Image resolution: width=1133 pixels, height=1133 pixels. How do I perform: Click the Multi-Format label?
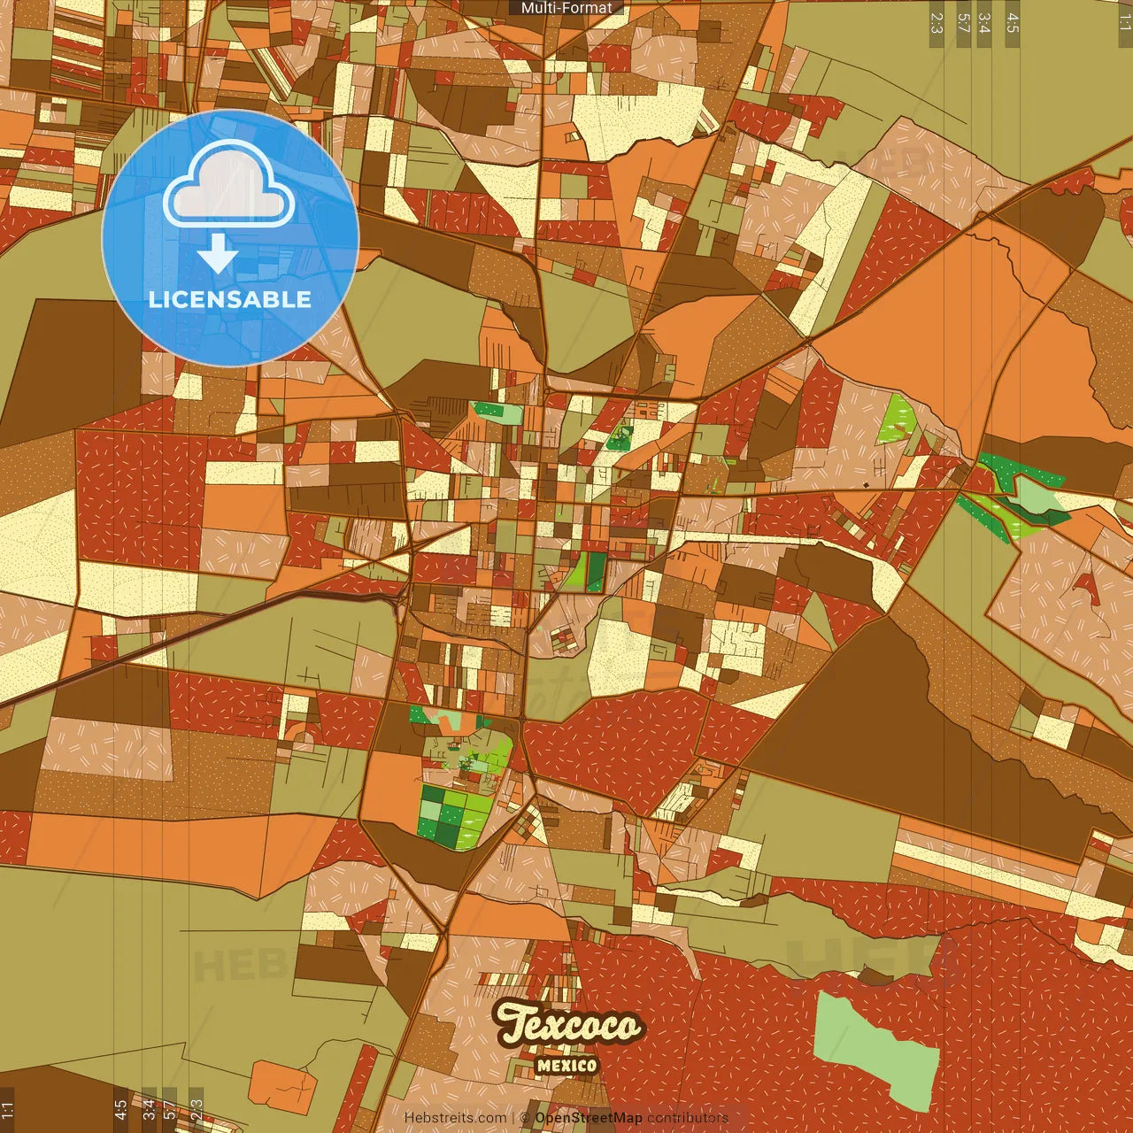[566, 8]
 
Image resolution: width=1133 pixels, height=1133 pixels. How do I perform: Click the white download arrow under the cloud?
[218, 255]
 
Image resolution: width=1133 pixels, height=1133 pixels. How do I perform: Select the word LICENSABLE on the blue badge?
[230, 299]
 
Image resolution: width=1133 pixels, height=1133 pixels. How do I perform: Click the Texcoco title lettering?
[568, 1025]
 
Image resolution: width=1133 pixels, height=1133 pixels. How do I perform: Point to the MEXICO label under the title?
[566, 1066]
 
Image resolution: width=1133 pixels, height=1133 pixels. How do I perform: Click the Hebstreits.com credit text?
[455, 1118]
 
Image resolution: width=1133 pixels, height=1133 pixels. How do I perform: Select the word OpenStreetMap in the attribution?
[589, 1118]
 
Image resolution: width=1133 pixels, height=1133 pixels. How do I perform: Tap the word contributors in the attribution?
[688, 1118]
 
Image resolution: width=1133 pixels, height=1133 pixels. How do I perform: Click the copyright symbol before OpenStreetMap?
[525, 1118]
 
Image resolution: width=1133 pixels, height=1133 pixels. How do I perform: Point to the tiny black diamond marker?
[865, 485]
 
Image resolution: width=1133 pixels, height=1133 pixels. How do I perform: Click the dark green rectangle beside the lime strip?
[597, 572]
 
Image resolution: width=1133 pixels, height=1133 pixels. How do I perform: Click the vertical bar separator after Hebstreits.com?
[513, 1118]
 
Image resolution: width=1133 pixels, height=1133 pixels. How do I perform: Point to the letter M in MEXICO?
[543, 1066]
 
